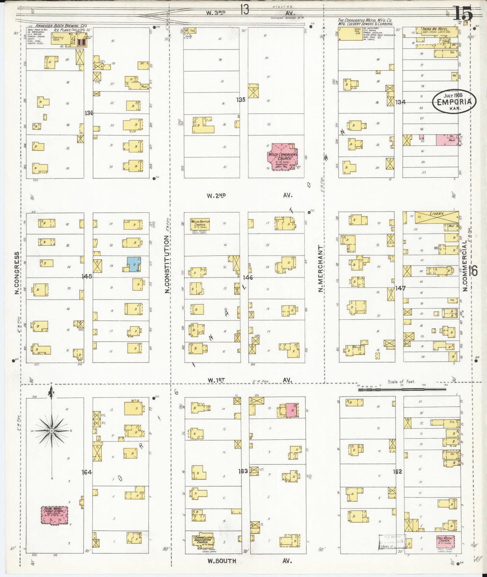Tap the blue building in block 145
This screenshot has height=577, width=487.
pyautogui.click(x=133, y=264)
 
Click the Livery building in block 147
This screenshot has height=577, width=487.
pyautogui.click(x=436, y=216)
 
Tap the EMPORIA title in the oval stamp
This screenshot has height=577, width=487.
pyautogui.click(x=454, y=102)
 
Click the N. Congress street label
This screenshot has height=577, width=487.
pyautogui.click(x=16, y=273)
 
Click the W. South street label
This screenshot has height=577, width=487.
pyautogui.click(x=221, y=561)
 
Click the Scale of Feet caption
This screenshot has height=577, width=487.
pyautogui.click(x=401, y=381)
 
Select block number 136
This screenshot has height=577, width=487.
pyautogui.click(x=89, y=113)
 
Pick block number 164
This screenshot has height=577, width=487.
pyautogui.click(x=87, y=472)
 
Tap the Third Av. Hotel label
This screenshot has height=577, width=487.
pyautogui.click(x=435, y=29)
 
